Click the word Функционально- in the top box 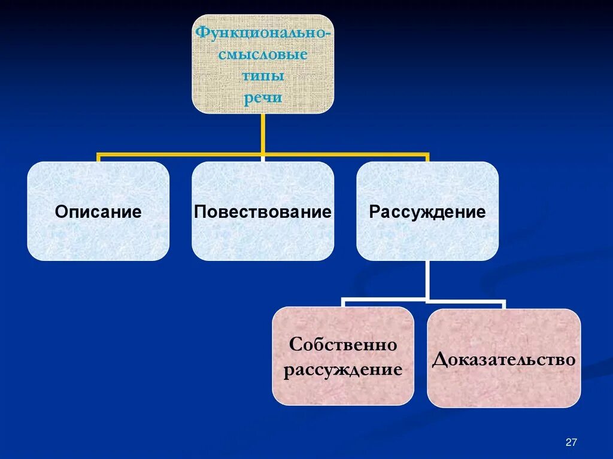[x=262, y=32]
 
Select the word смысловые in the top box [x=262, y=54]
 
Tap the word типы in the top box [x=262, y=77]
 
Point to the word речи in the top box [x=262, y=98]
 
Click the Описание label [x=98, y=212]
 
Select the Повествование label [x=263, y=212]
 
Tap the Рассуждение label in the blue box [x=427, y=212]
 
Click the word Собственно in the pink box [x=343, y=345]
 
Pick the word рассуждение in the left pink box [x=343, y=370]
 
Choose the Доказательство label [x=503, y=359]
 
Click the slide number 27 [x=570, y=442]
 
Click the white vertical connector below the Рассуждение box [x=427, y=278]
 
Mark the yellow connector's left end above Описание [x=99, y=157]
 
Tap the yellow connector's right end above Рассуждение [x=427, y=157]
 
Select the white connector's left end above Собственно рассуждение [x=344, y=303]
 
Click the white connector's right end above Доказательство [x=503, y=303]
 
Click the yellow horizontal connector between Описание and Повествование [x=180, y=154]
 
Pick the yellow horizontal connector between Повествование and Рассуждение [x=345, y=154]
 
